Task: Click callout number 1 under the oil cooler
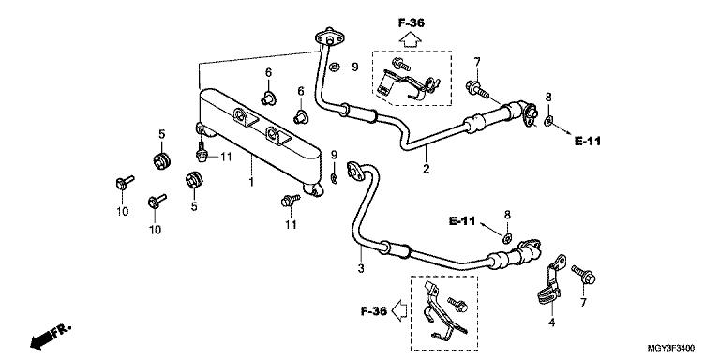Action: (x=251, y=182)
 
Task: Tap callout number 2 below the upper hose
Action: (x=427, y=169)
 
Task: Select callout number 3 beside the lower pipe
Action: (x=361, y=268)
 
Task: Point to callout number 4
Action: (x=551, y=322)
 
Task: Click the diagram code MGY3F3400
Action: (x=671, y=348)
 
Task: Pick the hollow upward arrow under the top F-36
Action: (x=411, y=40)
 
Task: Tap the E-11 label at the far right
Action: (x=587, y=142)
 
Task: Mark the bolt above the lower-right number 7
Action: (x=584, y=275)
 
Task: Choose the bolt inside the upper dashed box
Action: (x=401, y=65)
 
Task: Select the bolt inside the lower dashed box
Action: (x=457, y=303)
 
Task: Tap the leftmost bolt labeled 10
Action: (x=124, y=182)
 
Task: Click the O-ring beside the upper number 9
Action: (x=335, y=67)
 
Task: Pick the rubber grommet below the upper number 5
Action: (x=161, y=159)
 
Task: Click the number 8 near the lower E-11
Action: (x=507, y=215)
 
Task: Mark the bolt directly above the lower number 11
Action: (x=290, y=201)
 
